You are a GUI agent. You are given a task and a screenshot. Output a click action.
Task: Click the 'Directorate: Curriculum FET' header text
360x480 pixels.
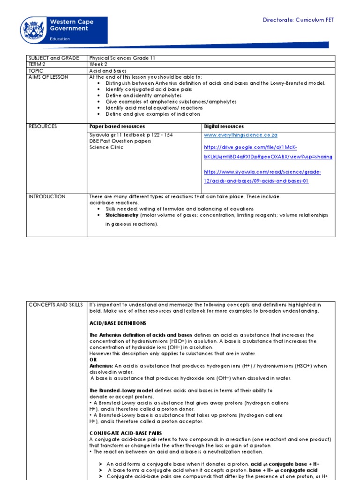point(298,20)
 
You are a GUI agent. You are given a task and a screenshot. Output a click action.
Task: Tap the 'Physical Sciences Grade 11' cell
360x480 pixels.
point(122,58)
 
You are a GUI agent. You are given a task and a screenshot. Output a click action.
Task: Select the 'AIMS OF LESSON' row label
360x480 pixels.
point(48,77)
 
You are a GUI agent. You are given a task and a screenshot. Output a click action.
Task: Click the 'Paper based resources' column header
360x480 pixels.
point(117,127)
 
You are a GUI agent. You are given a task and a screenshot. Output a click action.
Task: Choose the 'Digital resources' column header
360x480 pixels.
point(224,127)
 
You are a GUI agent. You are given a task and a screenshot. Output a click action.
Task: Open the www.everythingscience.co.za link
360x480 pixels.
point(241,135)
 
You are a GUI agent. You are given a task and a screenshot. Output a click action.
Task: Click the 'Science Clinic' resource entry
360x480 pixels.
point(106,147)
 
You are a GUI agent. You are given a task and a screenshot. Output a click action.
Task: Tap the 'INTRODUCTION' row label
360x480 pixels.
point(47,196)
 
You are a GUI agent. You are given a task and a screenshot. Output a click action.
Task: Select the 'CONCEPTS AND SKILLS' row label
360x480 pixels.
point(56,305)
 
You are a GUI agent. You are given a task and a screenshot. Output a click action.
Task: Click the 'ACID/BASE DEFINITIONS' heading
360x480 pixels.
point(118,323)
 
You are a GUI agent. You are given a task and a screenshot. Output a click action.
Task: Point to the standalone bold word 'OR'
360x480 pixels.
point(92,360)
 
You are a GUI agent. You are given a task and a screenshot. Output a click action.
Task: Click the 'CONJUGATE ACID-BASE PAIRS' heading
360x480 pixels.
point(125,433)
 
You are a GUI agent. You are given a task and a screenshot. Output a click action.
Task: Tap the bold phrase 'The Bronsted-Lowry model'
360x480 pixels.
point(119,390)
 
